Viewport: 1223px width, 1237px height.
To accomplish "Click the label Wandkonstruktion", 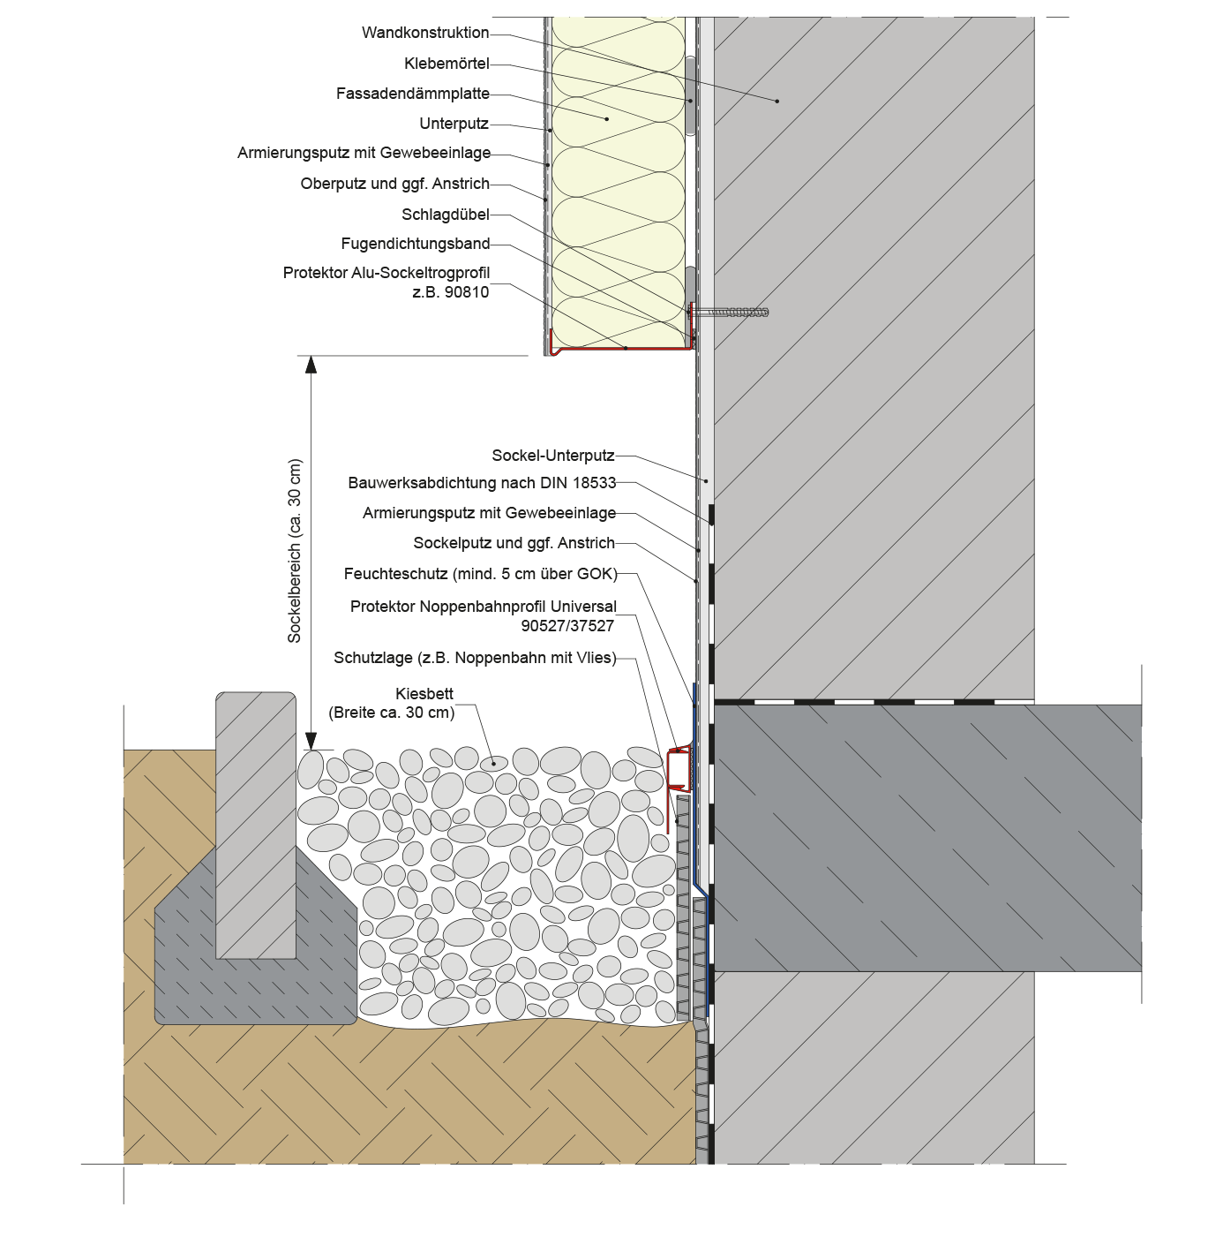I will [424, 33].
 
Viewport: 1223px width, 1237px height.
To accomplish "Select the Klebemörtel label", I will [446, 64].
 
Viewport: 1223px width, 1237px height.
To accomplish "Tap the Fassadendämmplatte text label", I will [412, 94].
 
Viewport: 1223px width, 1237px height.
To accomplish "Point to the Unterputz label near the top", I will [454, 124].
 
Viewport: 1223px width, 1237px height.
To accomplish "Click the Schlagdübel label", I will [445, 215].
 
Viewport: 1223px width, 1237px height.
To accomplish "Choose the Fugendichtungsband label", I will [415, 244].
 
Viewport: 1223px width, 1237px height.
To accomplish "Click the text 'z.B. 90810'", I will [450, 292].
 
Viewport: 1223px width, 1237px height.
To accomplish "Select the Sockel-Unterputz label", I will [552, 456].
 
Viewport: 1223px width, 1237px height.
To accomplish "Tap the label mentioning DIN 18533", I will [482, 483].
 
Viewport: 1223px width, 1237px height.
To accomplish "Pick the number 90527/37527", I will [567, 626].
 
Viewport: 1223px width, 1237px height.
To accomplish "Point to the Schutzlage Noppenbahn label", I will [475, 658].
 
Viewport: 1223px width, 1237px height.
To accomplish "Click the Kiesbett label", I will [424, 694].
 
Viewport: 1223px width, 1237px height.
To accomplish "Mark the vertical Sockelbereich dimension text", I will [295, 550].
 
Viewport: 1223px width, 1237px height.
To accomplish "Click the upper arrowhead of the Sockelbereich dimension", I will [311, 363].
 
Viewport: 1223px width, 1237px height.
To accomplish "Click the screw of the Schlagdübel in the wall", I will [732, 312].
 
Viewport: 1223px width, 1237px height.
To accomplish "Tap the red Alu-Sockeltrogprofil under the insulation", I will [618, 351].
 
